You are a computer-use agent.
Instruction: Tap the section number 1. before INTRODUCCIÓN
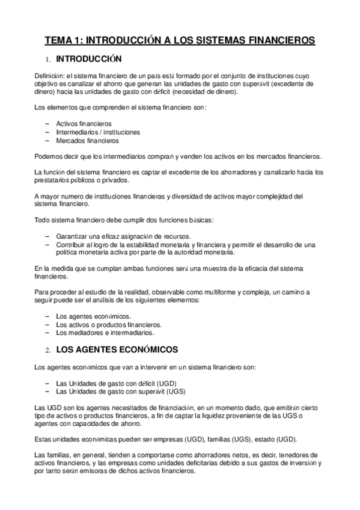48,60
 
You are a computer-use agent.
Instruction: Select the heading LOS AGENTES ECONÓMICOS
117,349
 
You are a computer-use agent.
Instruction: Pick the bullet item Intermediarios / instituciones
98,132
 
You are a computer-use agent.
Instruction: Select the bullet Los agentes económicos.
93,316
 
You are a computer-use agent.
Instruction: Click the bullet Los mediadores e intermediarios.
105,332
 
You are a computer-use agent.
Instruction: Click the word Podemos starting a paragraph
49,156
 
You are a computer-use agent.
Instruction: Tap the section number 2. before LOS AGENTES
48,349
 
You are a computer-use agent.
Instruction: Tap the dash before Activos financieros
47,123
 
